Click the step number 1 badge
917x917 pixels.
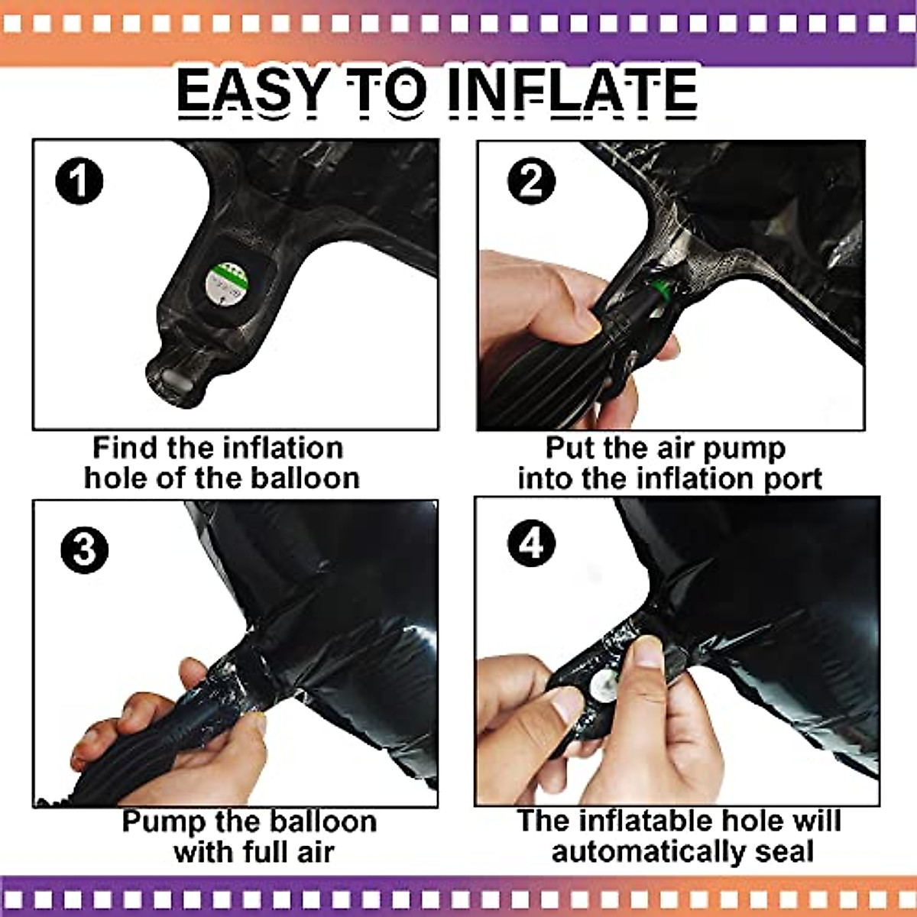[x=79, y=181]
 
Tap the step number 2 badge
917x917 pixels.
[x=532, y=181]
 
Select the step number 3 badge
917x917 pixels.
[x=85, y=549]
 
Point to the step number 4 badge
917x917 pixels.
[x=532, y=543]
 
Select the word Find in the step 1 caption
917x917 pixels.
[x=125, y=448]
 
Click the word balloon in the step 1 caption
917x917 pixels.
[x=305, y=478]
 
